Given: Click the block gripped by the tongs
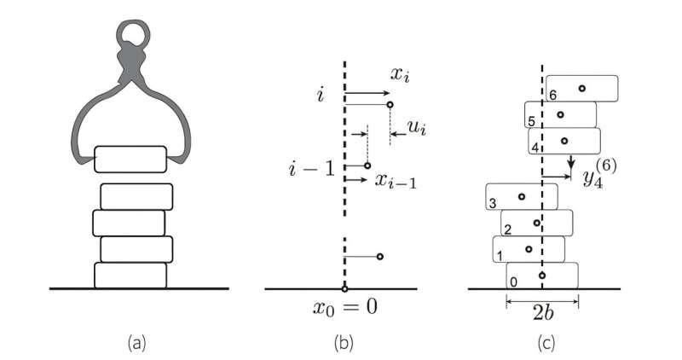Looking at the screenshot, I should point(130,159).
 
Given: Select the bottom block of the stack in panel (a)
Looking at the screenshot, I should point(130,275).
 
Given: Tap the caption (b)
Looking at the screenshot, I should point(343,342).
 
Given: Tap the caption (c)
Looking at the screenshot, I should point(542,342).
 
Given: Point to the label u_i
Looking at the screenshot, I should point(418,129).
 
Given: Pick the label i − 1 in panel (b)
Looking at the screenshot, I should point(309,166).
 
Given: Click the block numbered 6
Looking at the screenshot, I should point(581,89).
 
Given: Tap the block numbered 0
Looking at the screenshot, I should point(542,276).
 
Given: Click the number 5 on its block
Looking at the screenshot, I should point(531,121).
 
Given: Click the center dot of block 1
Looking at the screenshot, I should point(529,249).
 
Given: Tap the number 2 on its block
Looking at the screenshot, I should point(507,229).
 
